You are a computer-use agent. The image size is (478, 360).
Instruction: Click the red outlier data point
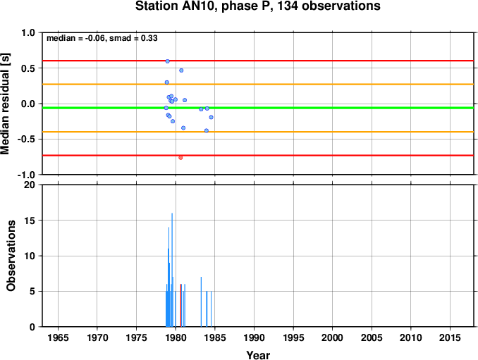pos(180,158)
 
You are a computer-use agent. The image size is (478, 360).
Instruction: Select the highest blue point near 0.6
pos(167,61)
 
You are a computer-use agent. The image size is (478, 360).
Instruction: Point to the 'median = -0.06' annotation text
pos(75,38)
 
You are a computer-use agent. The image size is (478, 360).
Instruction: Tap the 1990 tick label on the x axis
pos(254,337)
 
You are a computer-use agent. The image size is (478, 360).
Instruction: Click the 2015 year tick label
pos(450,337)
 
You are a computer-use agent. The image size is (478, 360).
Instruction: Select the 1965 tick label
pos(58,337)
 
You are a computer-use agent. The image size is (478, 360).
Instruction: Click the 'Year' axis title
pos(258,355)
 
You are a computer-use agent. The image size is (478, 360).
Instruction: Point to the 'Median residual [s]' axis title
pos(5,104)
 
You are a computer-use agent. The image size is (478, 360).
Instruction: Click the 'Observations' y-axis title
pos(11,256)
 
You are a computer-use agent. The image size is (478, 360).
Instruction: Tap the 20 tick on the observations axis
pos(30,185)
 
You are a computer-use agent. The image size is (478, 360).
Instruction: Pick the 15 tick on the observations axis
pos(30,221)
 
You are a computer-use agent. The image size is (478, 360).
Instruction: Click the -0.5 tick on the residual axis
pos(27,139)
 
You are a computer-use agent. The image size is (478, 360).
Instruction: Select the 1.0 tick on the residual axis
pos(28,32)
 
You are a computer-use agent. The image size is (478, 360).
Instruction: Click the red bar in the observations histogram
pos(180,306)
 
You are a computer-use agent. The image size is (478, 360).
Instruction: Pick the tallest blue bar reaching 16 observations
pos(172,270)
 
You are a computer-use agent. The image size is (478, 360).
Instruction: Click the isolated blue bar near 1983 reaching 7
pos(201,302)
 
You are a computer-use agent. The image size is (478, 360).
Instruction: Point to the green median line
pos(258,108)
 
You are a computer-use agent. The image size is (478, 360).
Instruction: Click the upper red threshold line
pos(258,61)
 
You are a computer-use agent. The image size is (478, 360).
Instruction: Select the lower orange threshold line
pos(258,132)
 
